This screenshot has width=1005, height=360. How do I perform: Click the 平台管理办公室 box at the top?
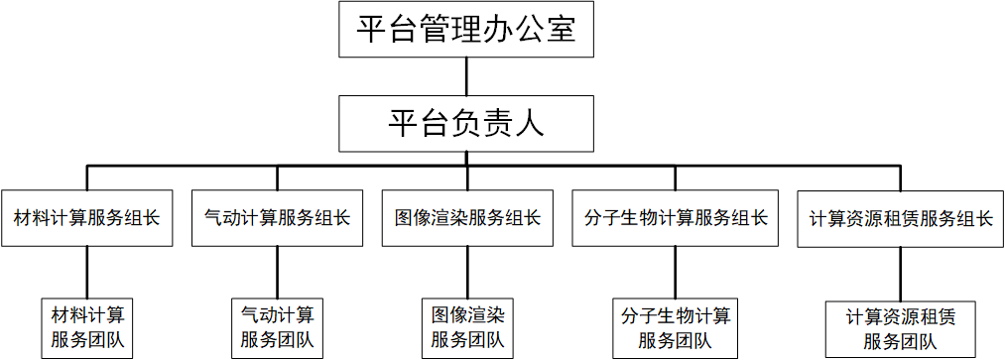[x=465, y=30]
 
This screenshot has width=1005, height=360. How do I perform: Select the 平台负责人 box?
[x=465, y=124]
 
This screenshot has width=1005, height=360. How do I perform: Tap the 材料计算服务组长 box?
[x=87, y=217]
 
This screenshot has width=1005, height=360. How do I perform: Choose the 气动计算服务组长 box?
[x=277, y=217]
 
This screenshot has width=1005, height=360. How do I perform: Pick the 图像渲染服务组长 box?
[x=466, y=217]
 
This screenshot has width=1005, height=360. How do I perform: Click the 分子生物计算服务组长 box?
[x=676, y=217]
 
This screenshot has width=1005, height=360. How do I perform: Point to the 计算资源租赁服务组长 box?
[x=901, y=217]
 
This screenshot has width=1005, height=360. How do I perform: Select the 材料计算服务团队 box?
[x=87, y=328]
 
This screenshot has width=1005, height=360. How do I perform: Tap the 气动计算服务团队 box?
[x=277, y=328]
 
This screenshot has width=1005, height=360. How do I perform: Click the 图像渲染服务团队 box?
[x=466, y=328]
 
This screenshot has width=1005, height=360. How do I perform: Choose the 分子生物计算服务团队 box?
[x=676, y=328]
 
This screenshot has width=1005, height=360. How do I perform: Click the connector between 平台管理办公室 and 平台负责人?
[x=465, y=77]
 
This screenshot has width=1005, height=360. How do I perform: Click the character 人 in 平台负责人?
[x=530, y=124]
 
